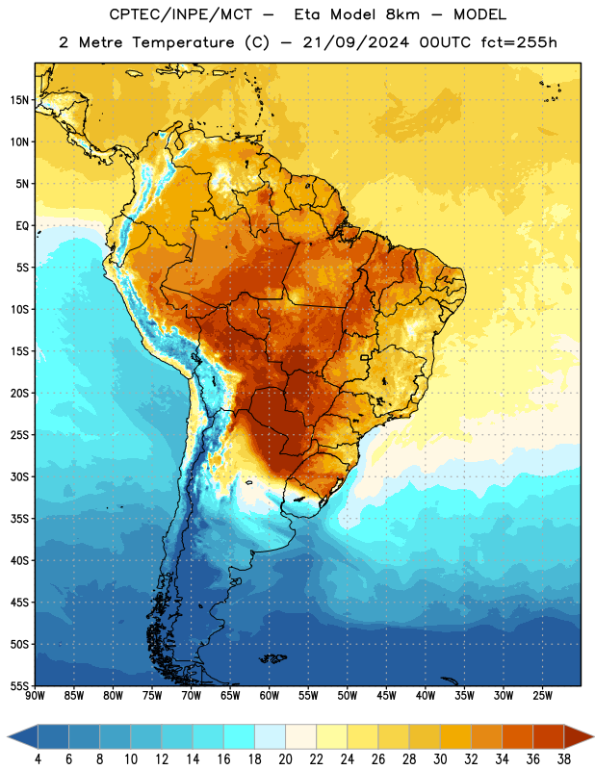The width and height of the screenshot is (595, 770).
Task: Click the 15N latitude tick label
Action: (x=19, y=100)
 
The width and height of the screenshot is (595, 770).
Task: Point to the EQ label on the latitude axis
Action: (x=22, y=226)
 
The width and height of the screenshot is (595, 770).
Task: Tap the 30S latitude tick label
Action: (x=19, y=476)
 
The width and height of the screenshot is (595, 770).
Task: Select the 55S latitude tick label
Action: (x=19, y=686)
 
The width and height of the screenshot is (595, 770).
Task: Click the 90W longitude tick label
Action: (x=35, y=696)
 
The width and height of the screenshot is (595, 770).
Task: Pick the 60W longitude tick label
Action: (x=270, y=696)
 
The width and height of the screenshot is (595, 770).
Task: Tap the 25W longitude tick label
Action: (x=542, y=696)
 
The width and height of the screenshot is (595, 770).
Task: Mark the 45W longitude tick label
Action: (x=386, y=696)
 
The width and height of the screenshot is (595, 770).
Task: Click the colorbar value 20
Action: (x=285, y=759)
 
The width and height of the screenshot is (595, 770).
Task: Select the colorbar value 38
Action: (x=564, y=759)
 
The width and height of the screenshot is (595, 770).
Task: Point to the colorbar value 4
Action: (x=38, y=759)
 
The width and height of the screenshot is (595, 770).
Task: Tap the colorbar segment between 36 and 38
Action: (x=549, y=737)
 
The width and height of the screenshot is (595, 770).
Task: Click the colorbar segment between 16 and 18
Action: (x=239, y=737)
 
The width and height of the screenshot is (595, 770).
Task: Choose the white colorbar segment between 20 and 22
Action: (x=300, y=737)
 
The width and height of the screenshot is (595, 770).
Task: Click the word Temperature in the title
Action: (x=183, y=42)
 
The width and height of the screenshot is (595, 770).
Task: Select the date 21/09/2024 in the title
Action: (x=355, y=42)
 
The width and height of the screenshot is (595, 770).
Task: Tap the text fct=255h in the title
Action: (x=519, y=42)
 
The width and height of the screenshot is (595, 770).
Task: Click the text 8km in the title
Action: (x=402, y=14)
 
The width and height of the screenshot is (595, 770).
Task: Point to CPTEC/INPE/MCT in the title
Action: (x=180, y=14)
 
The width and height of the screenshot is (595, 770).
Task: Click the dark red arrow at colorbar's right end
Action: (x=578, y=737)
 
